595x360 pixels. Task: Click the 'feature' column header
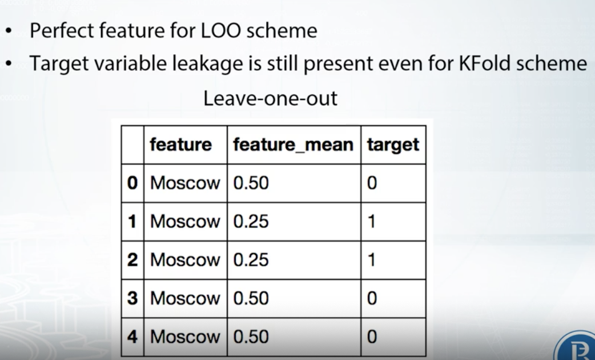point(180,145)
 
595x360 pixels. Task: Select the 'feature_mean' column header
point(293,145)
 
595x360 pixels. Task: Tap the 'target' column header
point(393,145)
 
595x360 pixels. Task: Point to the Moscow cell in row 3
point(185,298)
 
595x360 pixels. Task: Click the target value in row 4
point(372,337)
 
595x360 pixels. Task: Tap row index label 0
point(132,183)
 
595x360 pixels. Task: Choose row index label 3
point(132,298)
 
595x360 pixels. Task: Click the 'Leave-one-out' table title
point(270,98)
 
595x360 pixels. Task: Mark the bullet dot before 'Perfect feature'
point(9,31)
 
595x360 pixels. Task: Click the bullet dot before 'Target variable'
point(9,63)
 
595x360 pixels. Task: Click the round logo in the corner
point(577,349)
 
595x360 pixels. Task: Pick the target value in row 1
point(372,222)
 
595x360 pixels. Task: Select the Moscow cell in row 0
point(185,183)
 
